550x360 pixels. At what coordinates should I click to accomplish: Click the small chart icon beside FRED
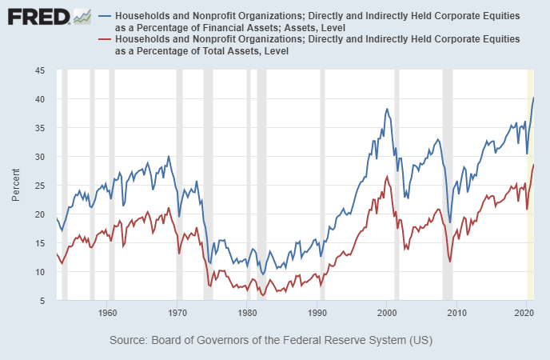pyautogui.click(x=82, y=16)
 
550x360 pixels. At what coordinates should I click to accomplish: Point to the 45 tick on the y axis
pyautogui.click(x=39, y=70)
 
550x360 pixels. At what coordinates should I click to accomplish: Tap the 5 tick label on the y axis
pyautogui.click(x=42, y=301)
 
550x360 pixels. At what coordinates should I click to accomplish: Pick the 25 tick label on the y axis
pyautogui.click(x=39, y=186)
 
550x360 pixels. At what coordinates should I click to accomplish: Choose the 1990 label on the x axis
pyautogui.click(x=317, y=312)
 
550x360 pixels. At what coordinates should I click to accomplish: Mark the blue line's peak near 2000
pyautogui.click(x=387, y=109)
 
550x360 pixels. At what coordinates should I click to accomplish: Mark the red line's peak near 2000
pyautogui.click(x=387, y=177)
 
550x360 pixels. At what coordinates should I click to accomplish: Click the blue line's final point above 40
pyautogui.click(x=533, y=98)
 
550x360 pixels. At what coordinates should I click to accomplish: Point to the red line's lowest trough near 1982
pyautogui.click(x=263, y=295)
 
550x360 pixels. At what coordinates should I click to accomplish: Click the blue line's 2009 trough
pyautogui.click(x=450, y=222)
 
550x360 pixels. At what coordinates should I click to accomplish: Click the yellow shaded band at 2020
pyautogui.click(x=530, y=240)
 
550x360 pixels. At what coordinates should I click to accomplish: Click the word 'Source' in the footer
pyautogui.click(x=128, y=340)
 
